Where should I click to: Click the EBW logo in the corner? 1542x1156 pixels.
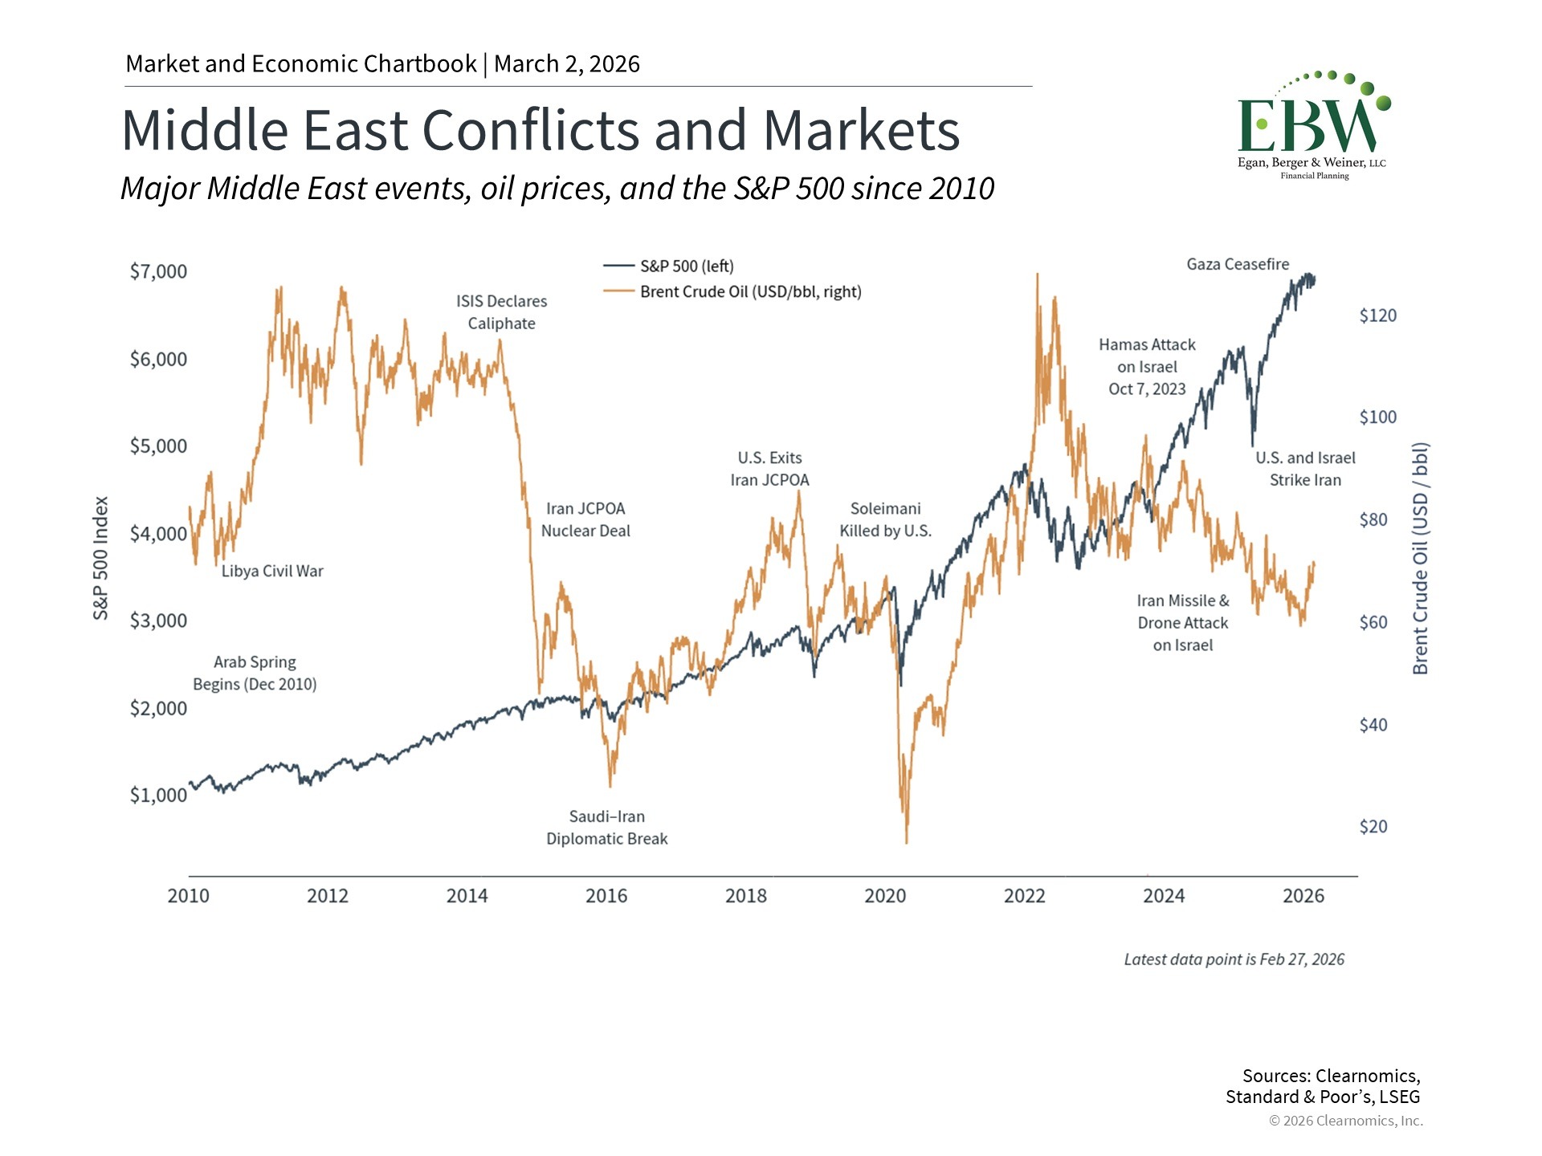click(x=1312, y=125)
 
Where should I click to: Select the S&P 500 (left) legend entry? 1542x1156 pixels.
click(x=686, y=267)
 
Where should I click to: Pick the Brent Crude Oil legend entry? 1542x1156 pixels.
click(x=749, y=292)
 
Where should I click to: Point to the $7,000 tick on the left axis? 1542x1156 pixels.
click(x=158, y=271)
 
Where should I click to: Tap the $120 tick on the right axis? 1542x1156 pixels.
click(x=1377, y=315)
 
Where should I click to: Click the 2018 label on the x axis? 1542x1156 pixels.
click(x=745, y=896)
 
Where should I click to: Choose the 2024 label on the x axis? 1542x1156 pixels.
click(x=1164, y=896)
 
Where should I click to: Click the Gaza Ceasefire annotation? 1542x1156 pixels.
click(x=1238, y=264)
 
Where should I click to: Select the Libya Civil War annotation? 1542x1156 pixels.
click(x=272, y=571)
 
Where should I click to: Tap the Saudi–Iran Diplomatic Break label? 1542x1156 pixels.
click(x=607, y=828)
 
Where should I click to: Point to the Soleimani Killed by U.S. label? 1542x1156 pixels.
click(x=885, y=519)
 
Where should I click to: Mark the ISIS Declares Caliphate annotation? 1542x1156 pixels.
click(x=502, y=312)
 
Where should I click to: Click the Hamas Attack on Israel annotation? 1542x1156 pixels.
click(x=1147, y=367)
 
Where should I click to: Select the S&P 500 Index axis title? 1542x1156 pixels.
click(x=100, y=558)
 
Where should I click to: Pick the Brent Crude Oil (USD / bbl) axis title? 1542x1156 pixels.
click(x=1420, y=558)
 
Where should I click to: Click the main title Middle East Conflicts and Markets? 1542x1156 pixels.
click(x=541, y=130)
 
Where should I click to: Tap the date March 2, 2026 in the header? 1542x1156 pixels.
click(x=567, y=64)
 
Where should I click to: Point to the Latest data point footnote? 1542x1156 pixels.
click(x=1234, y=959)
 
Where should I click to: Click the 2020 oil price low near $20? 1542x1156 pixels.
click(x=907, y=840)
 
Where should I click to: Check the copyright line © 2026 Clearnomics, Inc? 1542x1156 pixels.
click(x=1345, y=1121)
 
